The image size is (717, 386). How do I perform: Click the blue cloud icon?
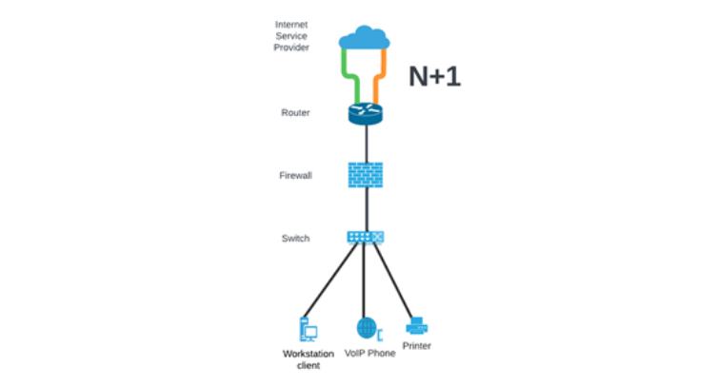(x=365, y=39)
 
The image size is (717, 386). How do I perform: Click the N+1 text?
(x=434, y=77)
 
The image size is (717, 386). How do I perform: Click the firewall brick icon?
(x=366, y=175)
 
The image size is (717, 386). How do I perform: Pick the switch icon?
(x=366, y=237)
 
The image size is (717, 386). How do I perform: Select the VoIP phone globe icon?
(x=367, y=328)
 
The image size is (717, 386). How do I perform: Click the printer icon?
(x=417, y=326)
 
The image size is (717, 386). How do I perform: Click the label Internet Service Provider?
(x=291, y=36)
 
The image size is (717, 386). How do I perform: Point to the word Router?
(x=295, y=113)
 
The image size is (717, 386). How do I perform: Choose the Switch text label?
(x=295, y=238)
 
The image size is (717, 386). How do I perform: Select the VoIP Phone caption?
(x=367, y=353)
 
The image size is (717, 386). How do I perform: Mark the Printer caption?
(x=417, y=346)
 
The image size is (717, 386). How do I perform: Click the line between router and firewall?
(x=366, y=143)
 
